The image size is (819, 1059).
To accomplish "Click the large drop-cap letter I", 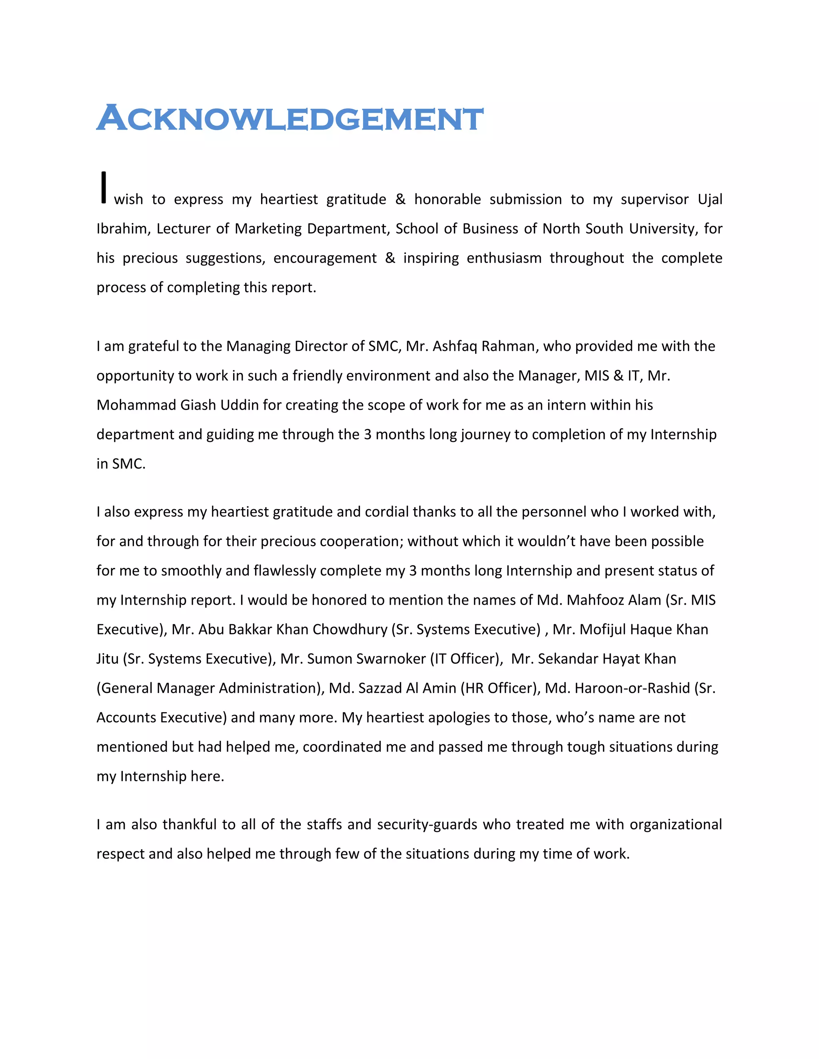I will (x=103, y=187).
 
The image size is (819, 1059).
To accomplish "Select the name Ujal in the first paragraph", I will (x=710, y=199).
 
